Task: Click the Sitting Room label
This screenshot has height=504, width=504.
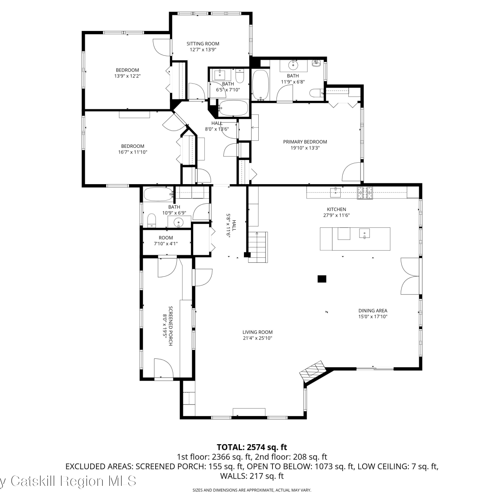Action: [203, 44]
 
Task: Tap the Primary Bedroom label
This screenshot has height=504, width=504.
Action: [305, 142]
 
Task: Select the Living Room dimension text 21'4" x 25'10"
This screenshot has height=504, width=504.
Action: [257, 338]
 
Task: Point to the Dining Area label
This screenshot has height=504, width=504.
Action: [373, 311]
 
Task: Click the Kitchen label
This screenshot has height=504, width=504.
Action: [336, 209]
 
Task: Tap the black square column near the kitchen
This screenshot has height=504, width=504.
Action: [322, 279]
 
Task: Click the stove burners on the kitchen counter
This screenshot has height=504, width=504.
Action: [365, 193]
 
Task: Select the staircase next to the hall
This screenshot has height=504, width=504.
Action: [258, 247]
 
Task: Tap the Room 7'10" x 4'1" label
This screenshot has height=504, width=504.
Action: [166, 241]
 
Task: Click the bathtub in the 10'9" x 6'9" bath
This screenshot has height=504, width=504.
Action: [158, 194]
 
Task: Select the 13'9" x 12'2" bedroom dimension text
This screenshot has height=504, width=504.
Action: [127, 76]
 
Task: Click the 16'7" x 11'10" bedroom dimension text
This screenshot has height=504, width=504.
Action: [133, 152]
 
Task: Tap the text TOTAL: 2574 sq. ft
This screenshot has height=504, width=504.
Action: [252, 447]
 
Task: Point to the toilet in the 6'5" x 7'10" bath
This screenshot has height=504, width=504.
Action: [239, 76]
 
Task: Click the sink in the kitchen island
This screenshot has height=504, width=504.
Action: [364, 233]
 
